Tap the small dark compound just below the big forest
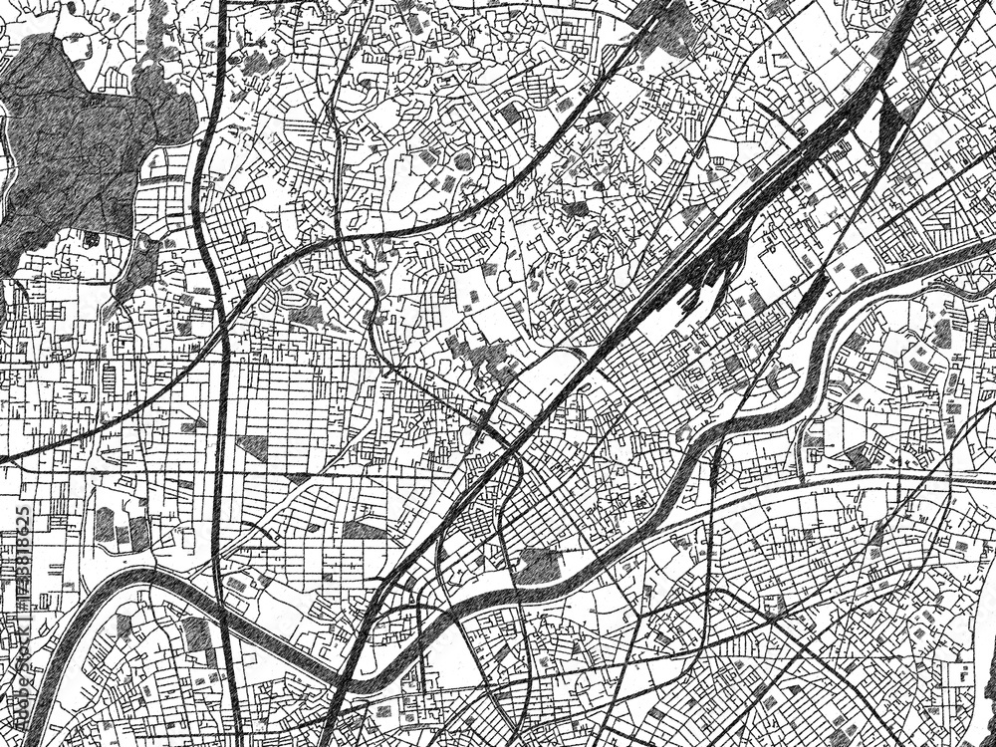click(x=91, y=239)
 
